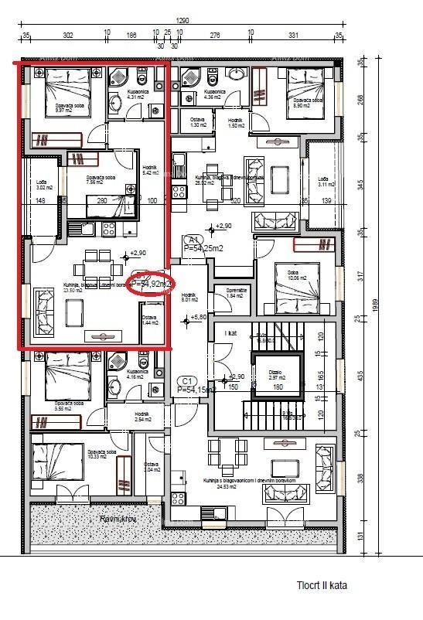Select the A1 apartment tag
click(194, 240)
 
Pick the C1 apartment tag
click(186, 381)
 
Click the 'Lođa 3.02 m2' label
click(45, 185)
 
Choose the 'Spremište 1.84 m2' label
click(236, 293)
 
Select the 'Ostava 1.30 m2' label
click(199, 122)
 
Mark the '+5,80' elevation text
click(200, 318)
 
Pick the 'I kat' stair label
click(230, 332)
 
